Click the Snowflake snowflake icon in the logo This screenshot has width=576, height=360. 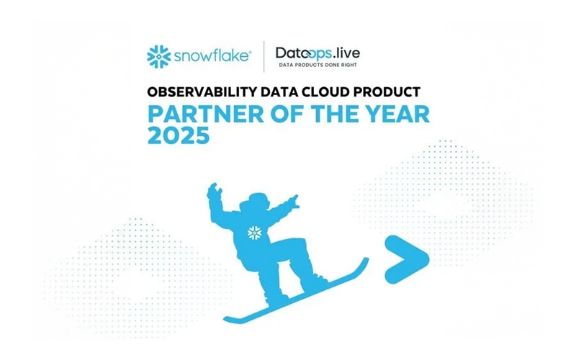click(x=158, y=56)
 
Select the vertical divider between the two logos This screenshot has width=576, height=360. click(x=264, y=57)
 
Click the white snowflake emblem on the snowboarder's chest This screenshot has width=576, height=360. click(x=254, y=233)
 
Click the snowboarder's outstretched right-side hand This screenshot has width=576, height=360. click(x=294, y=200)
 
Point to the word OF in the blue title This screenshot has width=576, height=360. click(x=277, y=114)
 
